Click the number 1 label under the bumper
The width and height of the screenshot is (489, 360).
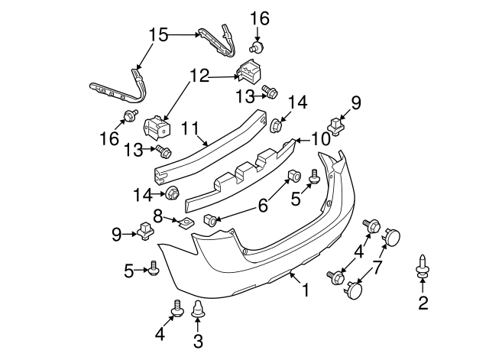click(306, 291)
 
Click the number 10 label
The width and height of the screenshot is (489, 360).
click(321, 138)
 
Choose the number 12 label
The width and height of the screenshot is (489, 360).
click(199, 76)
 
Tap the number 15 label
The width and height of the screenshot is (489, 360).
click(157, 34)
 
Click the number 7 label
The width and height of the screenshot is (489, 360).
click(377, 268)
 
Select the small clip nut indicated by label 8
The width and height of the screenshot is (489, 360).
click(184, 222)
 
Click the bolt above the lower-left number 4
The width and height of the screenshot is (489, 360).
click(176, 308)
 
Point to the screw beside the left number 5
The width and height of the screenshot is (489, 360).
click(154, 268)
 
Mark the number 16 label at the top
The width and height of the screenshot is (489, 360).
click(260, 17)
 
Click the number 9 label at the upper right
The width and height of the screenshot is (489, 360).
click(355, 101)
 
